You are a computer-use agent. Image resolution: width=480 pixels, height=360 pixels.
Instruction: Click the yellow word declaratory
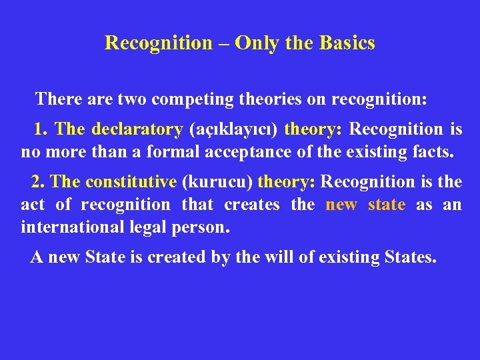point(137,129)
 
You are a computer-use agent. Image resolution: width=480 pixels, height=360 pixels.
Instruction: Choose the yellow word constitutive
point(131,181)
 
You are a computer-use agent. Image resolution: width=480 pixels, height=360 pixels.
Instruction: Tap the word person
point(205,228)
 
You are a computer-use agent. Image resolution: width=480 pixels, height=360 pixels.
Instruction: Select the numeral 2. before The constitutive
point(38,181)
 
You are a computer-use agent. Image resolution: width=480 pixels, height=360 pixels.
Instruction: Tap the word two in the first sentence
point(133,100)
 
